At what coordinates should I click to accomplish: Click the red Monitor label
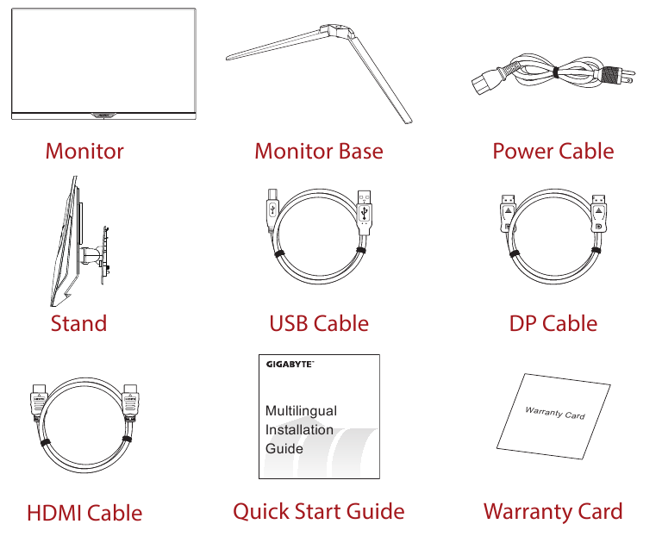click(84, 151)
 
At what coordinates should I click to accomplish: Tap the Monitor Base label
click(319, 151)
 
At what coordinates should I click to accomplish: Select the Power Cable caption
click(553, 151)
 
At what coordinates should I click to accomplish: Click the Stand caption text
click(79, 324)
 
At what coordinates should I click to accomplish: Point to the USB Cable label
click(319, 324)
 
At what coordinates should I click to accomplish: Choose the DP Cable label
click(553, 324)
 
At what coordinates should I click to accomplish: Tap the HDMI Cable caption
click(84, 513)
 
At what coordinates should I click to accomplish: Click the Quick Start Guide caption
click(319, 511)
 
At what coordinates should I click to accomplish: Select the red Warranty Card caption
click(553, 511)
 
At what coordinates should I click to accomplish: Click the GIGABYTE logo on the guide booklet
click(290, 365)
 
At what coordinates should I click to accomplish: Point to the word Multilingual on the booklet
click(301, 410)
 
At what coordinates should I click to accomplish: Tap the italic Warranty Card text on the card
click(555, 413)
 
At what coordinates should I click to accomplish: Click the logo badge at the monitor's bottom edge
click(103, 115)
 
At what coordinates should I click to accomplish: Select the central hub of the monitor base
click(336, 32)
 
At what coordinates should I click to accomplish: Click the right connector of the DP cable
click(598, 213)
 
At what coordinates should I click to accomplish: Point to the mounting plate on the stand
click(105, 254)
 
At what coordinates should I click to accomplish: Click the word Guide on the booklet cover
click(284, 448)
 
